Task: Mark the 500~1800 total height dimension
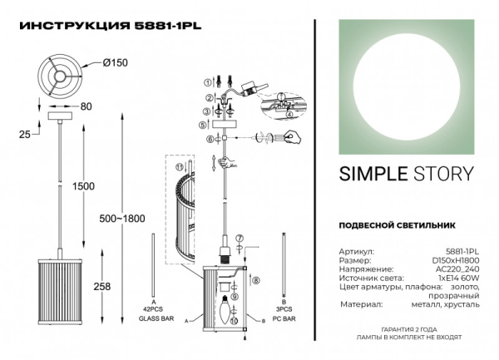[126, 218]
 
